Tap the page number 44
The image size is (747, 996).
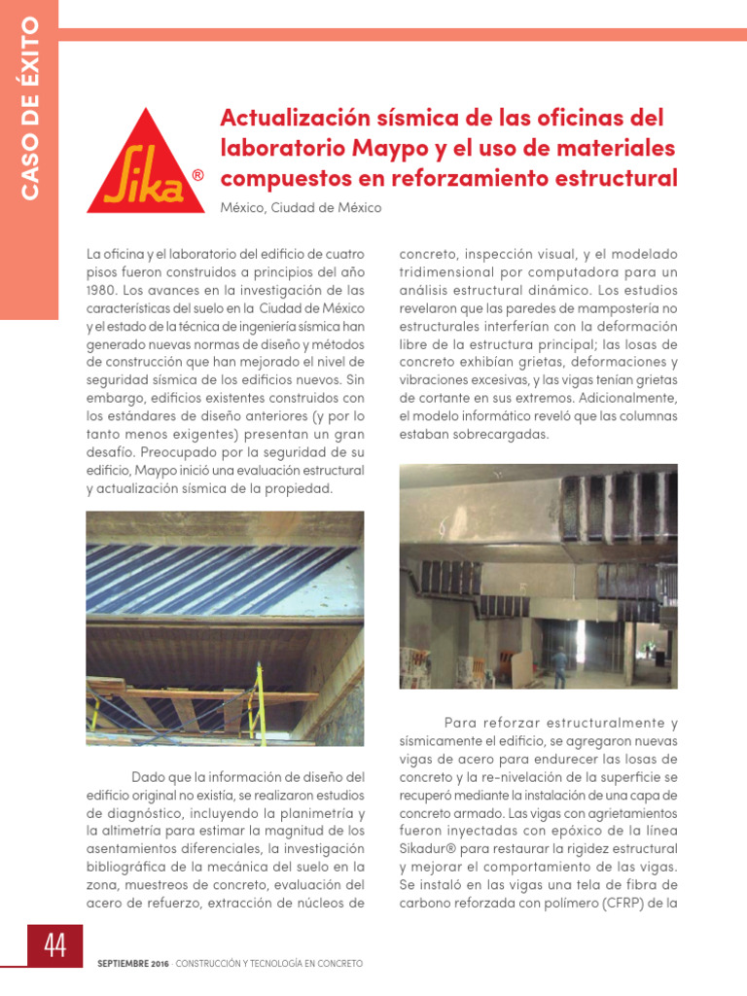[55, 945]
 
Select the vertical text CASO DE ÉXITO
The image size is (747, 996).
[29, 108]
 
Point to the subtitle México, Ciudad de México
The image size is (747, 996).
[301, 208]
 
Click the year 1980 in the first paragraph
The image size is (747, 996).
[104, 290]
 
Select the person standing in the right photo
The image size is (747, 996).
[559, 666]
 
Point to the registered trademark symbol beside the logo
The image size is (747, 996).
[198, 176]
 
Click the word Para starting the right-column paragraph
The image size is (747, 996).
[464, 724]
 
